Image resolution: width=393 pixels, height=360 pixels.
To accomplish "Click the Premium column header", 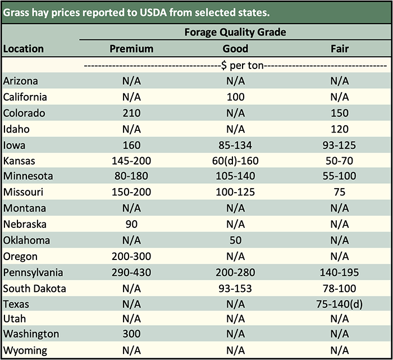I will [131, 49].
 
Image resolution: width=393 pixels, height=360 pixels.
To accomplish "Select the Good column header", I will [235, 49].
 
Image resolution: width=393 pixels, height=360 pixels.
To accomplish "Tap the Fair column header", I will [340, 49].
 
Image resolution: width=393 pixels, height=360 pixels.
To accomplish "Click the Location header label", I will [24, 49].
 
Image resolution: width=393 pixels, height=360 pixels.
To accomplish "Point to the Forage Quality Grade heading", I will [235, 32].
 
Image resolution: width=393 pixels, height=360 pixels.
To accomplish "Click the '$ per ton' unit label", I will [235, 65].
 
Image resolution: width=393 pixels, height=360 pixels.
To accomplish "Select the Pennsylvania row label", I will [33, 273].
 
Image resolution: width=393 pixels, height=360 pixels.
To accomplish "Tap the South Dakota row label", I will [35, 289].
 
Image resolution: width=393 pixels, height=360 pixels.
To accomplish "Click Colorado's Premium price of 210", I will [131, 113].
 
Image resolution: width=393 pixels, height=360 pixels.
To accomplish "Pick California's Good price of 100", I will [236, 97].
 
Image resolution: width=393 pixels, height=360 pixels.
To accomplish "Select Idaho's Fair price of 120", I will [340, 129].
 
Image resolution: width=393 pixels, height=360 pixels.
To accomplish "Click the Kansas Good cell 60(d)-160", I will [236, 161].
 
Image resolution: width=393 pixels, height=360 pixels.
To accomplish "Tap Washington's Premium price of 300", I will [131, 334].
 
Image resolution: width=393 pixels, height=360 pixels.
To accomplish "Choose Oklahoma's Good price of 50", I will [236, 240].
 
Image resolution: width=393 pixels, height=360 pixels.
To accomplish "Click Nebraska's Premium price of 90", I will [131, 225].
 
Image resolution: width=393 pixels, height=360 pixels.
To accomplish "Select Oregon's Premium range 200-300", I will [131, 257].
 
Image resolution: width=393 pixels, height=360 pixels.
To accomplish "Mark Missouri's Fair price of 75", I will [340, 193].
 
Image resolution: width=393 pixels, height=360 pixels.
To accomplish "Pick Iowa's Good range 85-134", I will [236, 145].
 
